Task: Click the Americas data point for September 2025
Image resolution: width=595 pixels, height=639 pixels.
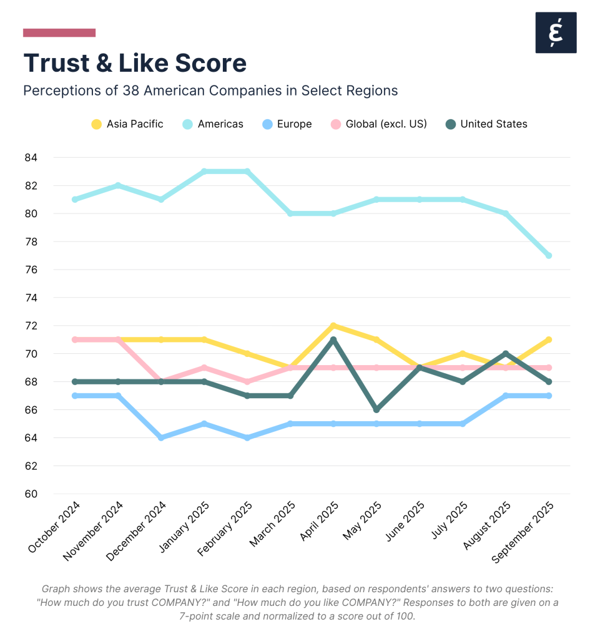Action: click(549, 255)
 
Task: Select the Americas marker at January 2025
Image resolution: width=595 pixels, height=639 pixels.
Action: click(204, 172)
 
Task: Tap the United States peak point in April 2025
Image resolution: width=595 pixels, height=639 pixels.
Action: click(333, 339)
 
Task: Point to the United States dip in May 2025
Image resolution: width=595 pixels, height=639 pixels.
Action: click(376, 409)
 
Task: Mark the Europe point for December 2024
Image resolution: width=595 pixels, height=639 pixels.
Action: click(161, 437)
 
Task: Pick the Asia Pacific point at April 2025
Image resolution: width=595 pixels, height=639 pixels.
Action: click(333, 326)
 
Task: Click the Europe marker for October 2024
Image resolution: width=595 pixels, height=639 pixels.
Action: click(75, 396)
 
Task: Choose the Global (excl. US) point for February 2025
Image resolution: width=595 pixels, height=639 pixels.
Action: click(247, 381)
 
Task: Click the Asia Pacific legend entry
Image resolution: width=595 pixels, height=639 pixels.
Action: click(127, 124)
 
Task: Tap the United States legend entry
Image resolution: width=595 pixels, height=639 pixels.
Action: click(486, 124)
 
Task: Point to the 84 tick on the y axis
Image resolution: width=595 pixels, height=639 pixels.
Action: click(31, 158)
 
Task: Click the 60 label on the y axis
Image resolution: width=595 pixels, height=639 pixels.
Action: click(31, 494)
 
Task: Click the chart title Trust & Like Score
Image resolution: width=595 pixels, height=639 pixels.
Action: click(135, 63)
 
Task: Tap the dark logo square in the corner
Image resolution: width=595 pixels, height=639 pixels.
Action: click(556, 32)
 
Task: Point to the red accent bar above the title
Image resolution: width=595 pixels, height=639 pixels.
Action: click(59, 32)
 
